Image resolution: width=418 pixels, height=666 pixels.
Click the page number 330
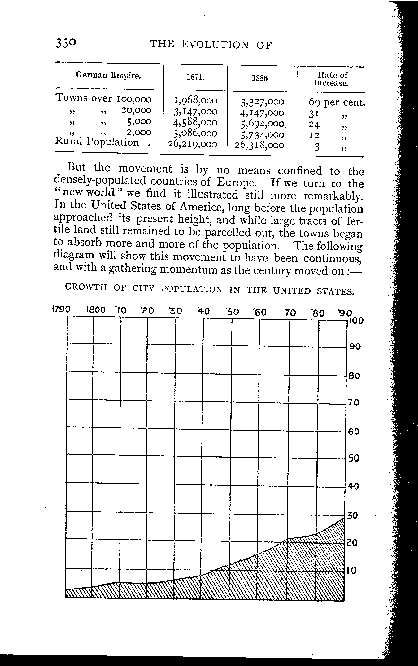[65, 43]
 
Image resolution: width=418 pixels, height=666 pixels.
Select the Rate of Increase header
[330, 79]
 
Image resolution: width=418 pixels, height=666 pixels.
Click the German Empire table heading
[108, 75]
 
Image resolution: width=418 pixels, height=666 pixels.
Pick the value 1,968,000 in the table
[196, 100]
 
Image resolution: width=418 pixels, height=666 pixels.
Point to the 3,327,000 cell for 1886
[262, 102]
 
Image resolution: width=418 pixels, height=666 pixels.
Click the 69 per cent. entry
[337, 102]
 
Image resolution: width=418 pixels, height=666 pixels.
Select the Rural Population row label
[97, 142]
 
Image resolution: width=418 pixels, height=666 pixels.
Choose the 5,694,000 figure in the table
[262, 124]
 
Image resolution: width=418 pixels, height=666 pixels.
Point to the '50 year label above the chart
[233, 312]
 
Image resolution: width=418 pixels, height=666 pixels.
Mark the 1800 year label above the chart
[96, 310]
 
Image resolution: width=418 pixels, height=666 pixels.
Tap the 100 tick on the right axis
[356, 321]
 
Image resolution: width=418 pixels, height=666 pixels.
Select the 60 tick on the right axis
[354, 431]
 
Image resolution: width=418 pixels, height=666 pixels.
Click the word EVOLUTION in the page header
[215, 45]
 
